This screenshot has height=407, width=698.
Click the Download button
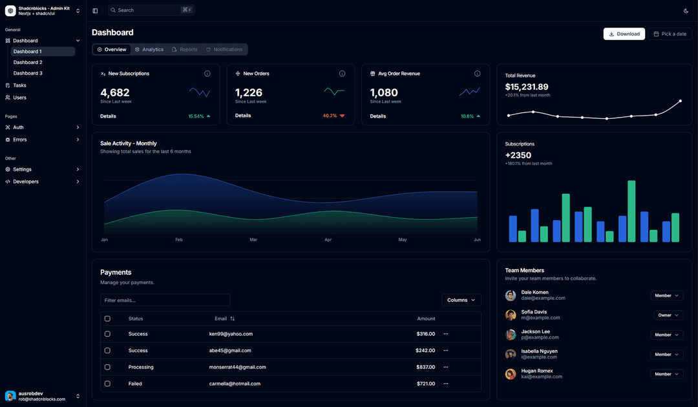624,34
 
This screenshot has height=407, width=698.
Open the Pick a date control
670,34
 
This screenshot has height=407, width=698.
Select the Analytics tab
149,50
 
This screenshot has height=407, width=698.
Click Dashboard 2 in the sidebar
28,63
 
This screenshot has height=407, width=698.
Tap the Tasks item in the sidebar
19,85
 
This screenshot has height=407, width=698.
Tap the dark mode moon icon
686,10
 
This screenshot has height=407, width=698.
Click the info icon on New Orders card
342,74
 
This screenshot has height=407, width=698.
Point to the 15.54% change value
196,116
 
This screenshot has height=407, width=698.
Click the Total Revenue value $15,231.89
527,87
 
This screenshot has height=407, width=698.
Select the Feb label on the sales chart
179,240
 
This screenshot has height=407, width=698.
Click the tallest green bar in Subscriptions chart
631,211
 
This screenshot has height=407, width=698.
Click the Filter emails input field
165,300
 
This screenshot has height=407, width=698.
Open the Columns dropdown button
461,300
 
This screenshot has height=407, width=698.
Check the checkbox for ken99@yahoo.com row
107,334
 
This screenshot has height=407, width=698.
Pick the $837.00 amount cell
425,367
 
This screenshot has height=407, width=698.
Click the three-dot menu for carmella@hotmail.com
445,384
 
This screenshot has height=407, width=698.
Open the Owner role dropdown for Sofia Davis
666,315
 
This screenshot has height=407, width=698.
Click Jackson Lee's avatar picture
511,335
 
